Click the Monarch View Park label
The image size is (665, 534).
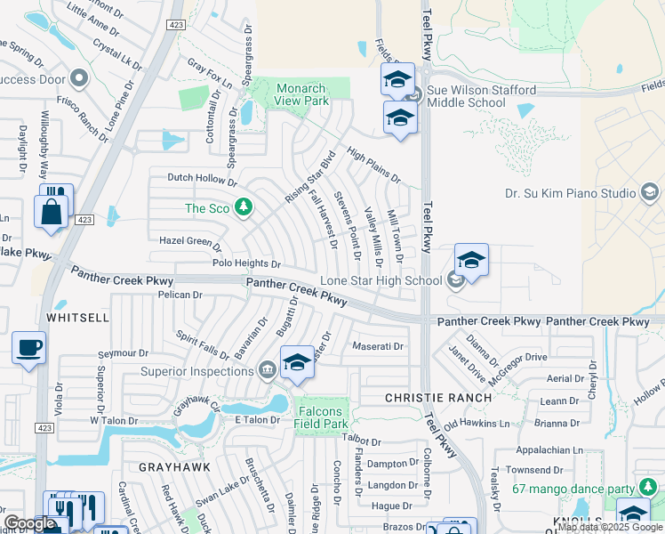tap(302, 95)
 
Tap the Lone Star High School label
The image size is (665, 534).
tap(387, 281)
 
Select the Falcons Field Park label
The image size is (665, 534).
tap(324, 417)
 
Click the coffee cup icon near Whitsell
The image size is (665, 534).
tap(28, 347)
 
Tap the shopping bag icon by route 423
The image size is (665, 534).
tap(51, 213)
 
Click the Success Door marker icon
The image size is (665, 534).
tap(79, 77)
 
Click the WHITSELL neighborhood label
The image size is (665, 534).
tap(79, 317)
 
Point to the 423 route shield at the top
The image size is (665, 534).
tap(176, 25)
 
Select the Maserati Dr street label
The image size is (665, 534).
tap(378, 346)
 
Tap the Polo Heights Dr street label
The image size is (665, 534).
tap(246, 264)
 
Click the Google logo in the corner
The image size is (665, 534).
tap(28, 523)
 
